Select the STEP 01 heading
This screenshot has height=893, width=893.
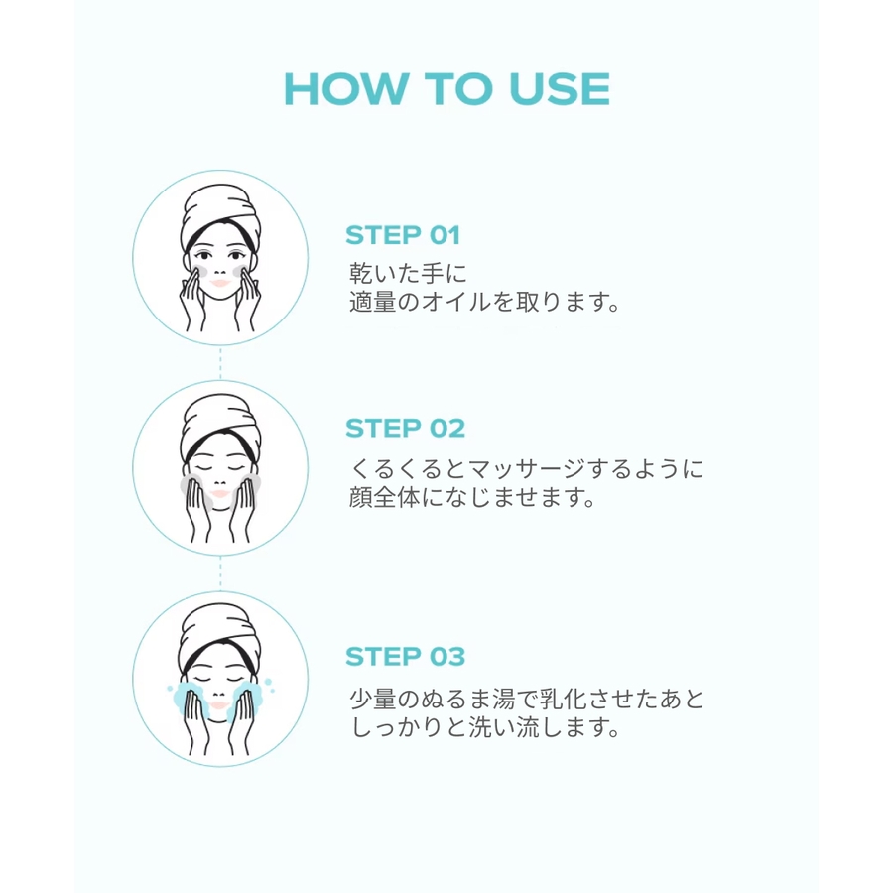coord(403,235)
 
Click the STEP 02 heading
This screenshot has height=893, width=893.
coord(405,429)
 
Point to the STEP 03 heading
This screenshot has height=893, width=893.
coord(405,656)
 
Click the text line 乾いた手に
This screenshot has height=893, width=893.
coord(408,273)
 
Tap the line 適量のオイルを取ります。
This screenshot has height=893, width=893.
coord(484,302)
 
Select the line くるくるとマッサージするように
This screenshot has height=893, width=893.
coord(527,468)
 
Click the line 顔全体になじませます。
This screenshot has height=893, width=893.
coord(472,497)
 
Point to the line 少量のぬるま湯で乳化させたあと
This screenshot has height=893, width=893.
coord(527,699)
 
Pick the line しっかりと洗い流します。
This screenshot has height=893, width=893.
coord(484,727)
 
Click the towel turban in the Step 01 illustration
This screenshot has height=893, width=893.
coord(220,213)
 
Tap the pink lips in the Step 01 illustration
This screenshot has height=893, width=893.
coord(220,283)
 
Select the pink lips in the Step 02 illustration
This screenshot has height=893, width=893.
coord(220,494)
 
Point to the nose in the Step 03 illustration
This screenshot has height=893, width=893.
coord(220,693)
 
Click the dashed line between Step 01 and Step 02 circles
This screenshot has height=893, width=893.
coord(220,362)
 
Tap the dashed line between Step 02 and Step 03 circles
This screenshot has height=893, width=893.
coord(220,573)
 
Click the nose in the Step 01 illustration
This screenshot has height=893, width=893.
coord(220,270)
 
